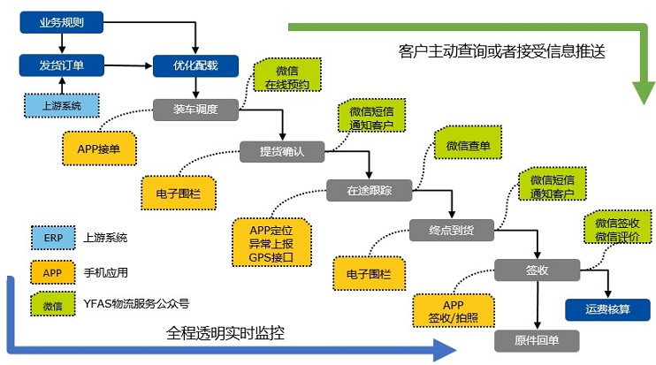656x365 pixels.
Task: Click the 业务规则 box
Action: tap(62, 23)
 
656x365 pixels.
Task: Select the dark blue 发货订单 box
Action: tap(62, 65)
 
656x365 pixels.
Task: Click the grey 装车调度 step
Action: tap(195, 109)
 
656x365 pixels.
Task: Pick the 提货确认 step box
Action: tap(282, 150)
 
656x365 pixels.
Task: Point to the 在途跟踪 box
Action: tap(369, 189)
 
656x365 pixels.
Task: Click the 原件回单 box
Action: tap(537, 339)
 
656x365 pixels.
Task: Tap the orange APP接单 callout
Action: tap(100, 148)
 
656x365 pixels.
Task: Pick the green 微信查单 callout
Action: tap(468, 145)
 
